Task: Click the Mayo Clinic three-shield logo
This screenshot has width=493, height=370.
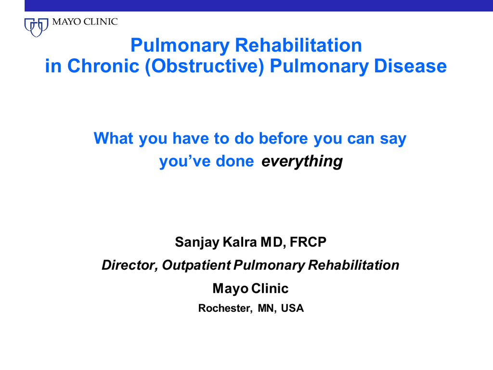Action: point(36,27)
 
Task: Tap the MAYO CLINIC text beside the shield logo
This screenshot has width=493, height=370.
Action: point(85,22)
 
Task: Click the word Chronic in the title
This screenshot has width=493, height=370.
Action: point(103,66)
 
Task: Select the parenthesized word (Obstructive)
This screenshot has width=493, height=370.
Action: point(204,66)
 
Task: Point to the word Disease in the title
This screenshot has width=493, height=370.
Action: point(410,66)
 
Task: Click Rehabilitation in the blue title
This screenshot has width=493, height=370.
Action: point(298,45)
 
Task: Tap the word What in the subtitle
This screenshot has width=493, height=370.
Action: point(114,138)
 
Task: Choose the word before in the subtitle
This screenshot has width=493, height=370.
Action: point(283,138)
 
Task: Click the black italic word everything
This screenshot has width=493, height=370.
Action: point(302,161)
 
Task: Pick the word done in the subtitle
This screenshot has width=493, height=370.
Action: point(235,161)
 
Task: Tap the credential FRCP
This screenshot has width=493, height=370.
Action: point(308,242)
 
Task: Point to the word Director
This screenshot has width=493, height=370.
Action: point(130,265)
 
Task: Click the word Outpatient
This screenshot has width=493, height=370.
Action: point(196,265)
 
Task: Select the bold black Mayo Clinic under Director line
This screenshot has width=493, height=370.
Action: point(250,289)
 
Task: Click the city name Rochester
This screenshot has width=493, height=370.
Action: point(225,308)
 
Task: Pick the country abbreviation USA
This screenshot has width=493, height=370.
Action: point(292,308)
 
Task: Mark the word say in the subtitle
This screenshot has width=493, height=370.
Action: point(393,139)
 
